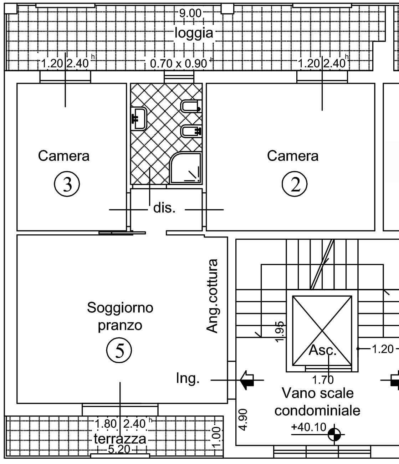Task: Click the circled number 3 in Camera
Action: pyautogui.click(x=67, y=184)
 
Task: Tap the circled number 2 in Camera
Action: pyautogui.click(x=295, y=184)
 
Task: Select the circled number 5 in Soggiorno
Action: pyautogui.click(x=119, y=351)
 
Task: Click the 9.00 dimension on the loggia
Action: pyautogui.click(x=190, y=14)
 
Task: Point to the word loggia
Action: pyautogui.click(x=194, y=33)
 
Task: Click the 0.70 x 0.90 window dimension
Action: pyautogui.click(x=178, y=64)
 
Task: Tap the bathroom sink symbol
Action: pyautogui.click(x=139, y=118)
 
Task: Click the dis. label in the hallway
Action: pyautogui.click(x=164, y=208)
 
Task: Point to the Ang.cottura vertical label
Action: pyautogui.click(x=212, y=296)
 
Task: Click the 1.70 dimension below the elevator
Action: pyautogui.click(x=323, y=380)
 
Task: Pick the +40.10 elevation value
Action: pyautogui.click(x=308, y=427)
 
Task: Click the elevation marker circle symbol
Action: pyautogui.click(x=334, y=435)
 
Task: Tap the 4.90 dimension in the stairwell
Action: pyautogui.click(x=244, y=420)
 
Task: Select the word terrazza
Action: pyautogui.click(x=120, y=439)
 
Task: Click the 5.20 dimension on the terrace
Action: pyautogui.click(x=119, y=449)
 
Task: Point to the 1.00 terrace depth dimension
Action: pyautogui.click(x=216, y=438)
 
